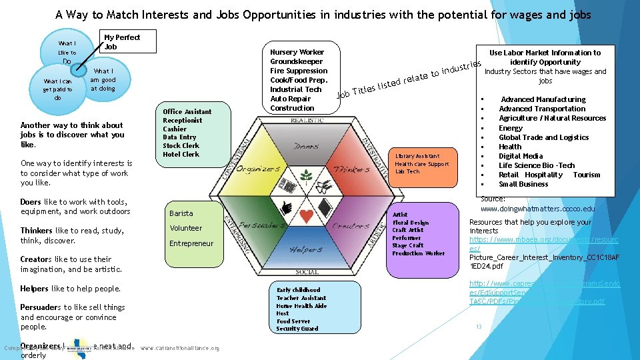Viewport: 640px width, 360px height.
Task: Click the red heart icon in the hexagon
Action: coord(307,216)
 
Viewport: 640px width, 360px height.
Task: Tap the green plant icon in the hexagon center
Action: coord(307,176)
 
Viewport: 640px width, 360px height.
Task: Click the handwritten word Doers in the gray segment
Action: coord(306,145)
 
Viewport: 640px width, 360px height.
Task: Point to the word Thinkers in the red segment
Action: coord(351,169)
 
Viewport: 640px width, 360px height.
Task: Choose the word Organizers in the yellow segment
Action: coord(259,169)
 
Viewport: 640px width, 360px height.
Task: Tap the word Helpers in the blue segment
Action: coord(306,250)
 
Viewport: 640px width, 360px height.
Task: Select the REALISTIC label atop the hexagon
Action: coord(307,120)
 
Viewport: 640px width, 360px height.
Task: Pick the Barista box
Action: coord(181,213)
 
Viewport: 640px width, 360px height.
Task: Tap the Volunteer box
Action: coord(186,228)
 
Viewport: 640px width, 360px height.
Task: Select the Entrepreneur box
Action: coord(191,243)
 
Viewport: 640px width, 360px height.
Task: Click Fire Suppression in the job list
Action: coord(299,71)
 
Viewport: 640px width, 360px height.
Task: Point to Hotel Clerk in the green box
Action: coord(181,154)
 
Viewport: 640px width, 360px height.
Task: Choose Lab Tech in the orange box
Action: coord(407,171)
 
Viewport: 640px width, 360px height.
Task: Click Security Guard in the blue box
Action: coord(297,329)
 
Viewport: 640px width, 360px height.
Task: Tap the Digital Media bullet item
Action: coord(521,156)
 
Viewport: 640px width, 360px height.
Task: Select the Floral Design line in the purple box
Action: coord(411,223)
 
